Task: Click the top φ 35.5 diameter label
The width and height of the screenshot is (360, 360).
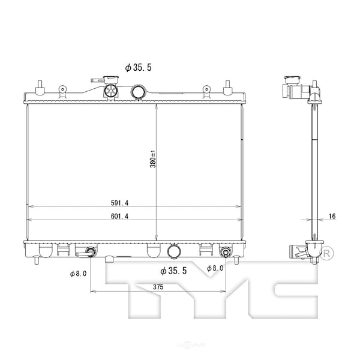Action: point(139,67)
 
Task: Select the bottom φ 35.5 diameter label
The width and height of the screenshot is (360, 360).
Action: point(174,271)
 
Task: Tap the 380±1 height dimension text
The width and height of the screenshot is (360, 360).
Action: point(154,158)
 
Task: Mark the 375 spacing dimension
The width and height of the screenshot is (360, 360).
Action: point(158,287)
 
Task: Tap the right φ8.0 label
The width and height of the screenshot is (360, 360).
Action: point(215,268)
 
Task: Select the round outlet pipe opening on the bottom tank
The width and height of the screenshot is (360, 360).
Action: point(175,252)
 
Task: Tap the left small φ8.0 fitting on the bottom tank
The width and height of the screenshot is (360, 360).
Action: point(91,252)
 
